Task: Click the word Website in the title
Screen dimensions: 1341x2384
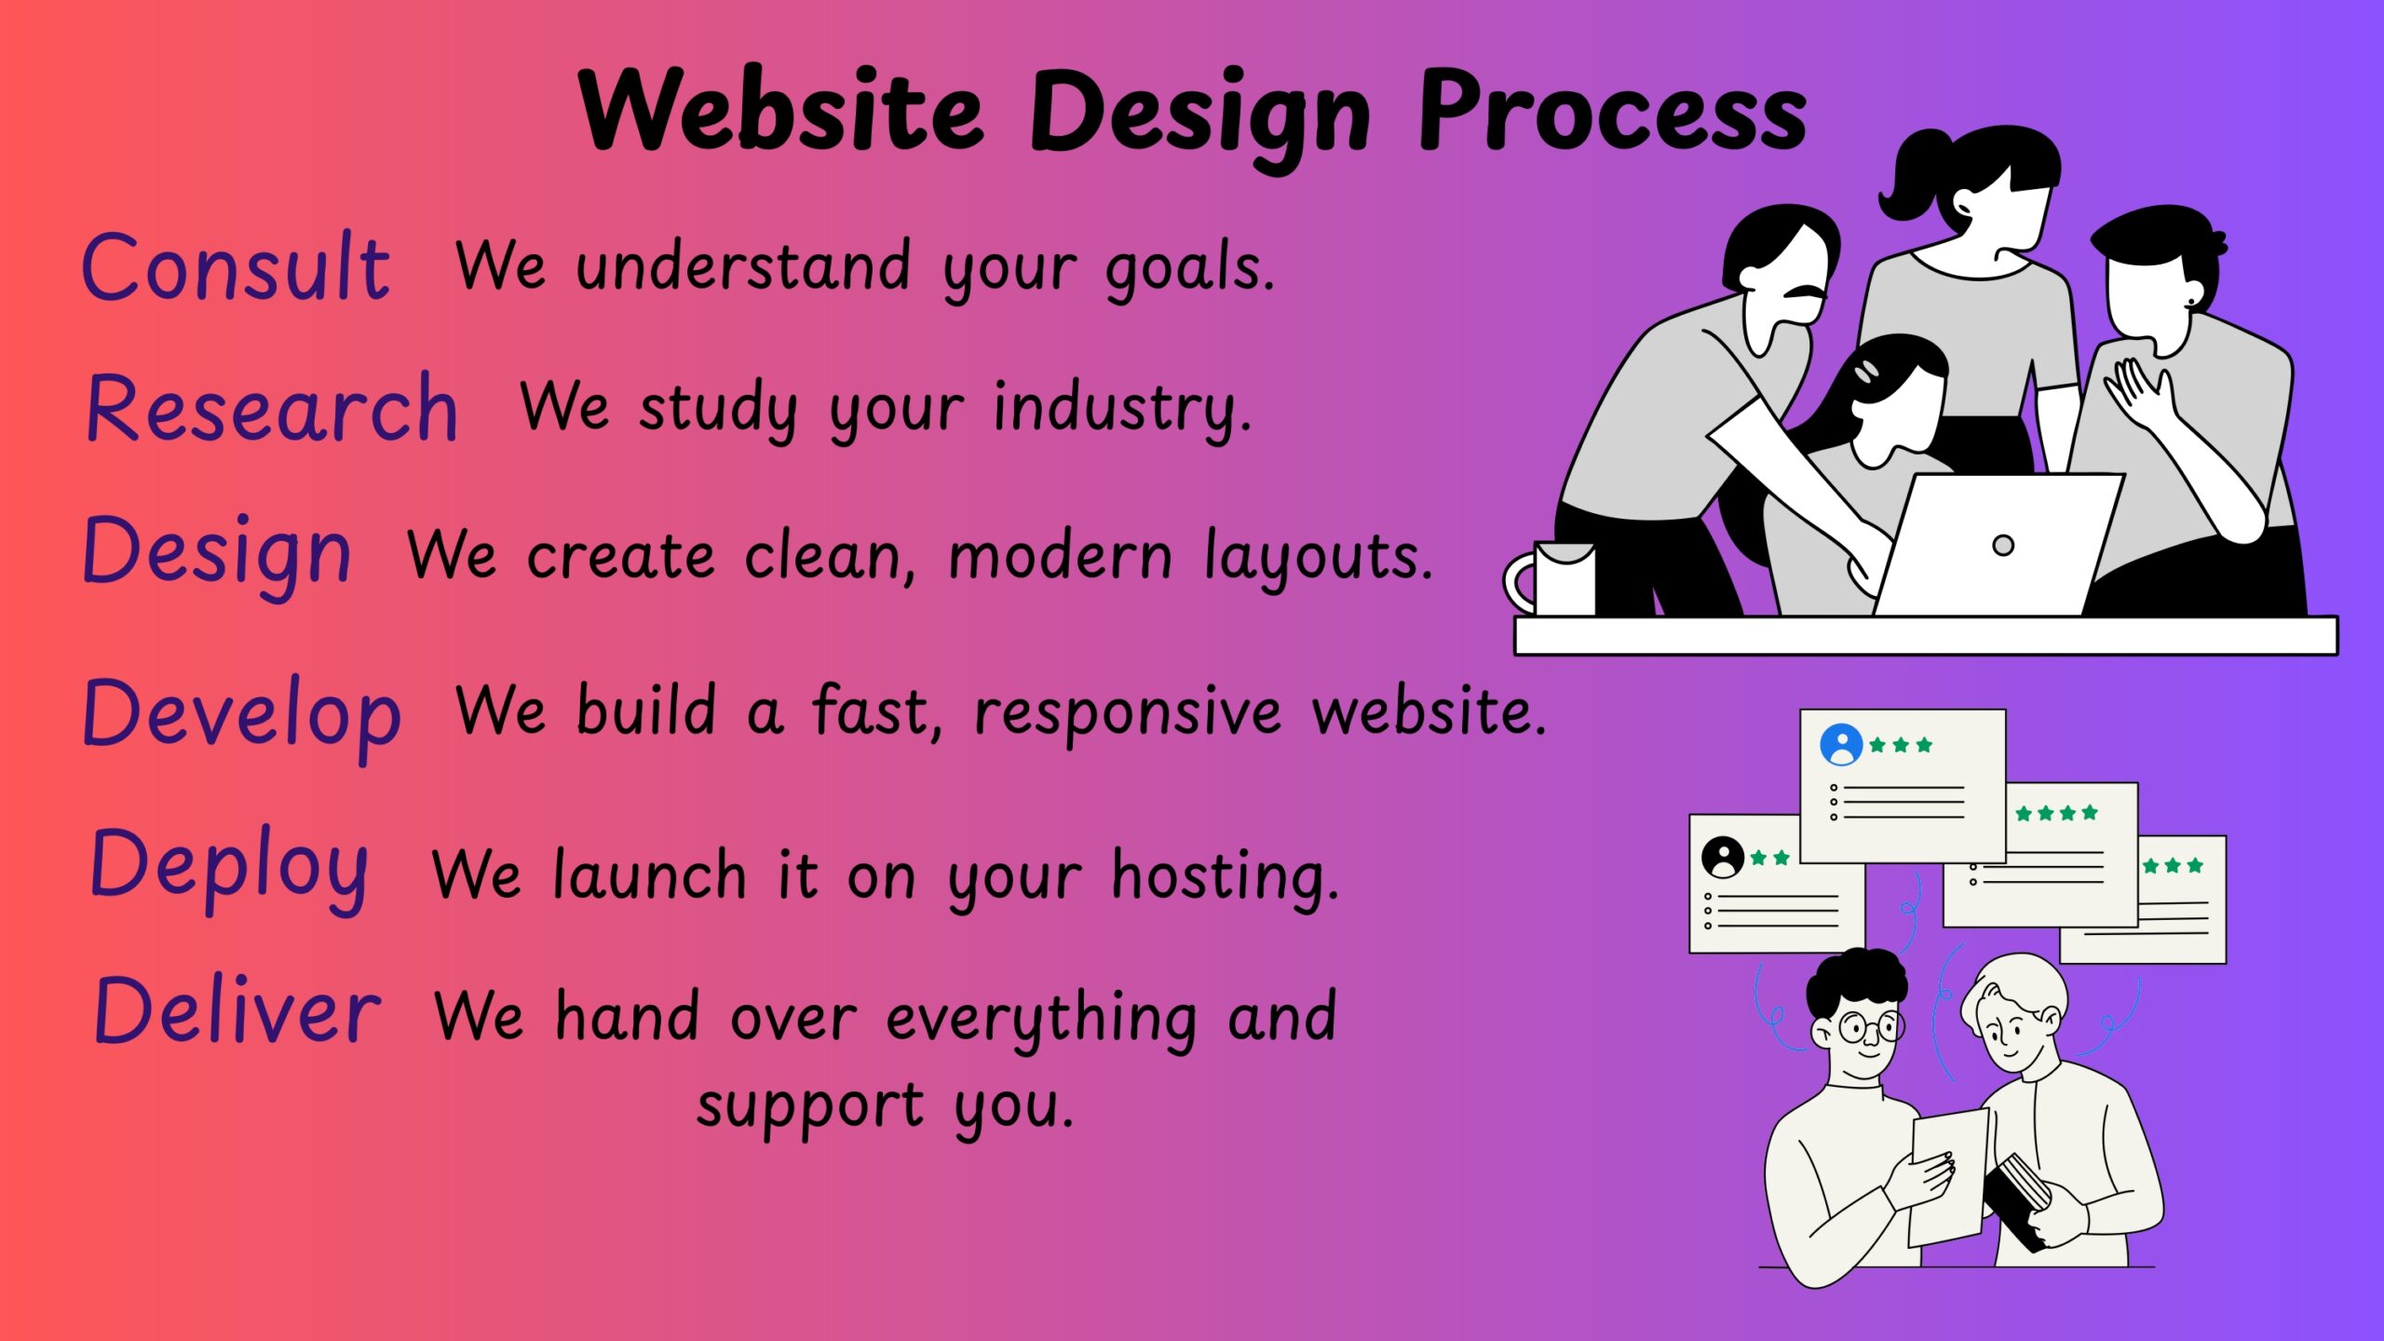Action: [780, 112]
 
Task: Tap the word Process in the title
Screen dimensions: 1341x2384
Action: [1611, 112]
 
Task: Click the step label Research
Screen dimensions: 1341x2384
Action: [272, 410]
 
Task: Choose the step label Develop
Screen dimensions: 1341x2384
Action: [242, 715]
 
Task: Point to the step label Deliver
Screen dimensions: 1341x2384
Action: [237, 1013]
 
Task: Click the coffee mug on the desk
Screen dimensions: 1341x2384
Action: [1555, 579]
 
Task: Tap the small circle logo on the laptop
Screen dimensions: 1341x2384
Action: [2003, 546]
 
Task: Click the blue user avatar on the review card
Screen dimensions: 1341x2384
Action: [1841, 745]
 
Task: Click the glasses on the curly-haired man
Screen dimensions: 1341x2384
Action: [1870, 1028]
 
